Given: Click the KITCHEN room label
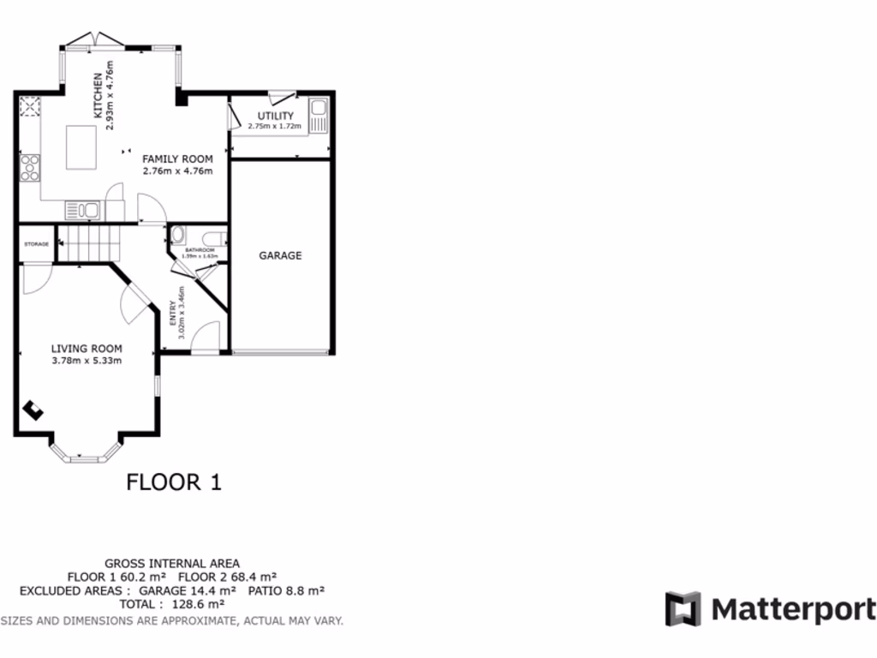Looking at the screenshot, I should coord(98,95).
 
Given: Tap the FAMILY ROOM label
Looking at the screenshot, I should coord(177,159).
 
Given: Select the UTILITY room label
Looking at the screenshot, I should coord(276,116).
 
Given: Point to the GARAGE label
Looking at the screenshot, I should coord(281,255).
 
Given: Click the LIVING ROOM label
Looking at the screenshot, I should coord(87,349).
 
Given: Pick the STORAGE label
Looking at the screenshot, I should coord(36,244).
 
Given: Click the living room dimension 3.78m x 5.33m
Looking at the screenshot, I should coord(87,361).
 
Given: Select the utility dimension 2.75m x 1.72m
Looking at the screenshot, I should coord(275,127).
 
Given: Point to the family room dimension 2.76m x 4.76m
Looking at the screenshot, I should coord(177,170).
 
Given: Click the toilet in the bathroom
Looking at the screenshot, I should coord(177,235).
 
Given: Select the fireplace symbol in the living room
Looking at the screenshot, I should coord(34,410).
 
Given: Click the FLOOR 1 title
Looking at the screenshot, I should coord(174,482).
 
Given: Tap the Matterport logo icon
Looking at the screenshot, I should coord(683,608).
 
